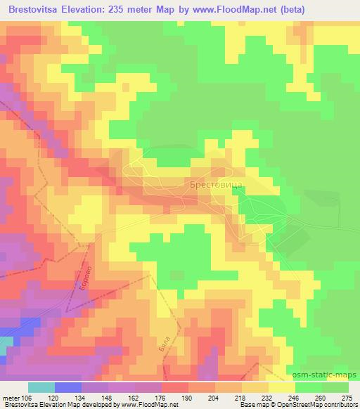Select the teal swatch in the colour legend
click(x=41, y=387)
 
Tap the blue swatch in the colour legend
click(x=67, y=387)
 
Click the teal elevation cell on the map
click(x=5, y=345)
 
